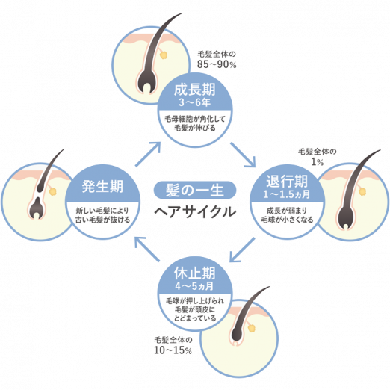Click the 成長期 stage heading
(x=194, y=90)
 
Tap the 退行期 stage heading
(x=287, y=181)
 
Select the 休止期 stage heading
(x=194, y=273)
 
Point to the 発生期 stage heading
(x=102, y=186)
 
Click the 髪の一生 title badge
(x=195, y=190)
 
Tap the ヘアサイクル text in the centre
(x=195, y=212)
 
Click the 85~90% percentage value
(x=217, y=64)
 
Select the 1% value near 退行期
(x=317, y=162)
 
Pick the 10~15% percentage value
(x=173, y=350)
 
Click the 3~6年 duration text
(x=194, y=102)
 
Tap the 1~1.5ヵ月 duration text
(x=287, y=194)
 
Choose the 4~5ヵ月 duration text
(x=194, y=286)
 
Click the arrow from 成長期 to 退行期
(x=243, y=155)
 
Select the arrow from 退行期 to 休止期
(x=242, y=250)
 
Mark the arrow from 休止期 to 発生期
(x=147, y=249)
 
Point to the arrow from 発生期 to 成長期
(x=148, y=154)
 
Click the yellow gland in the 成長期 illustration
(x=164, y=55)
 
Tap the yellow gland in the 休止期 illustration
(x=252, y=328)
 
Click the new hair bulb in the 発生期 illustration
(x=37, y=208)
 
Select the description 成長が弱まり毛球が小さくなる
(x=287, y=215)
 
